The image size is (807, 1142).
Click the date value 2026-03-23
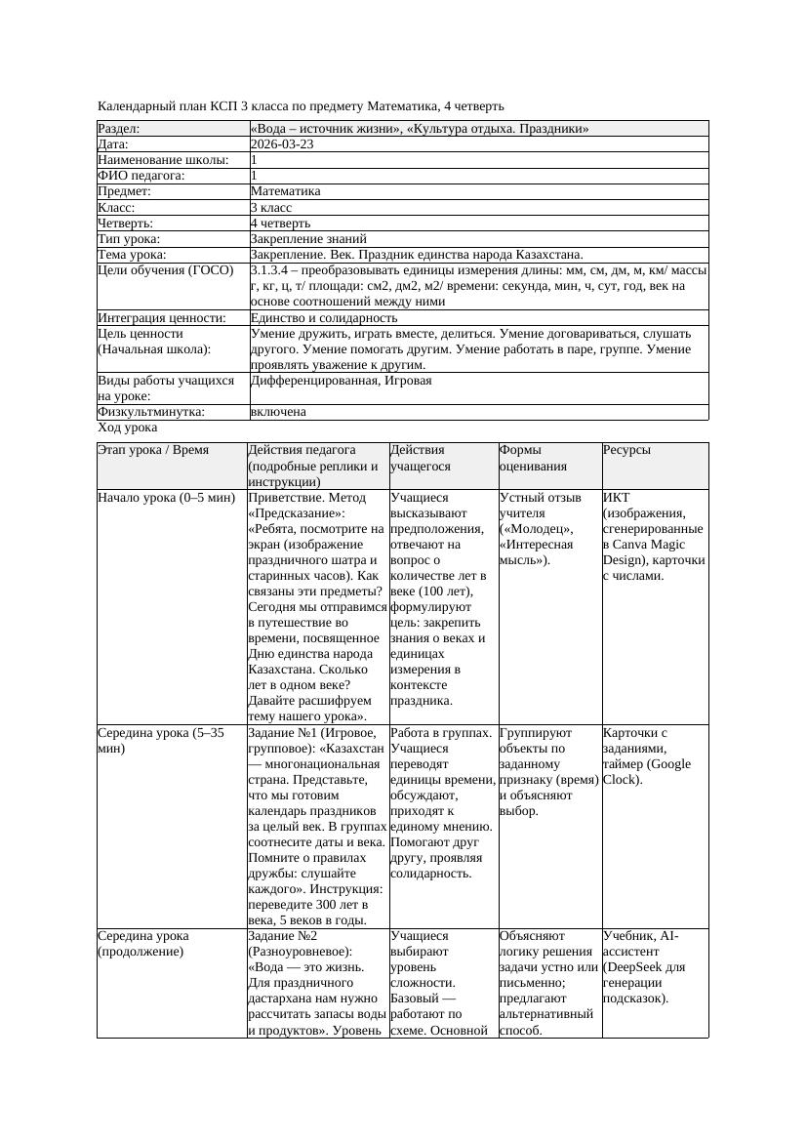coord(282,144)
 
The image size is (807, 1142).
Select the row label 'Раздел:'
coord(119,129)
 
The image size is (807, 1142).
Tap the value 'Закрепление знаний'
coord(308,238)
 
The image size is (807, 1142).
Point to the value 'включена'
coord(278,412)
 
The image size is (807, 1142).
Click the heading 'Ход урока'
coord(127,428)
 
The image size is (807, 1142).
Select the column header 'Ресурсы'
coord(626,450)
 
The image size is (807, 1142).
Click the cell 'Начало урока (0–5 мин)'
coord(167,498)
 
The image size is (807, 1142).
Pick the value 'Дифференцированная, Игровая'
coord(341,381)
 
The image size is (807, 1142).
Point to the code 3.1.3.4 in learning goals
coord(275,269)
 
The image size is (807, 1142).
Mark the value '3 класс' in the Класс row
coord(271,207)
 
